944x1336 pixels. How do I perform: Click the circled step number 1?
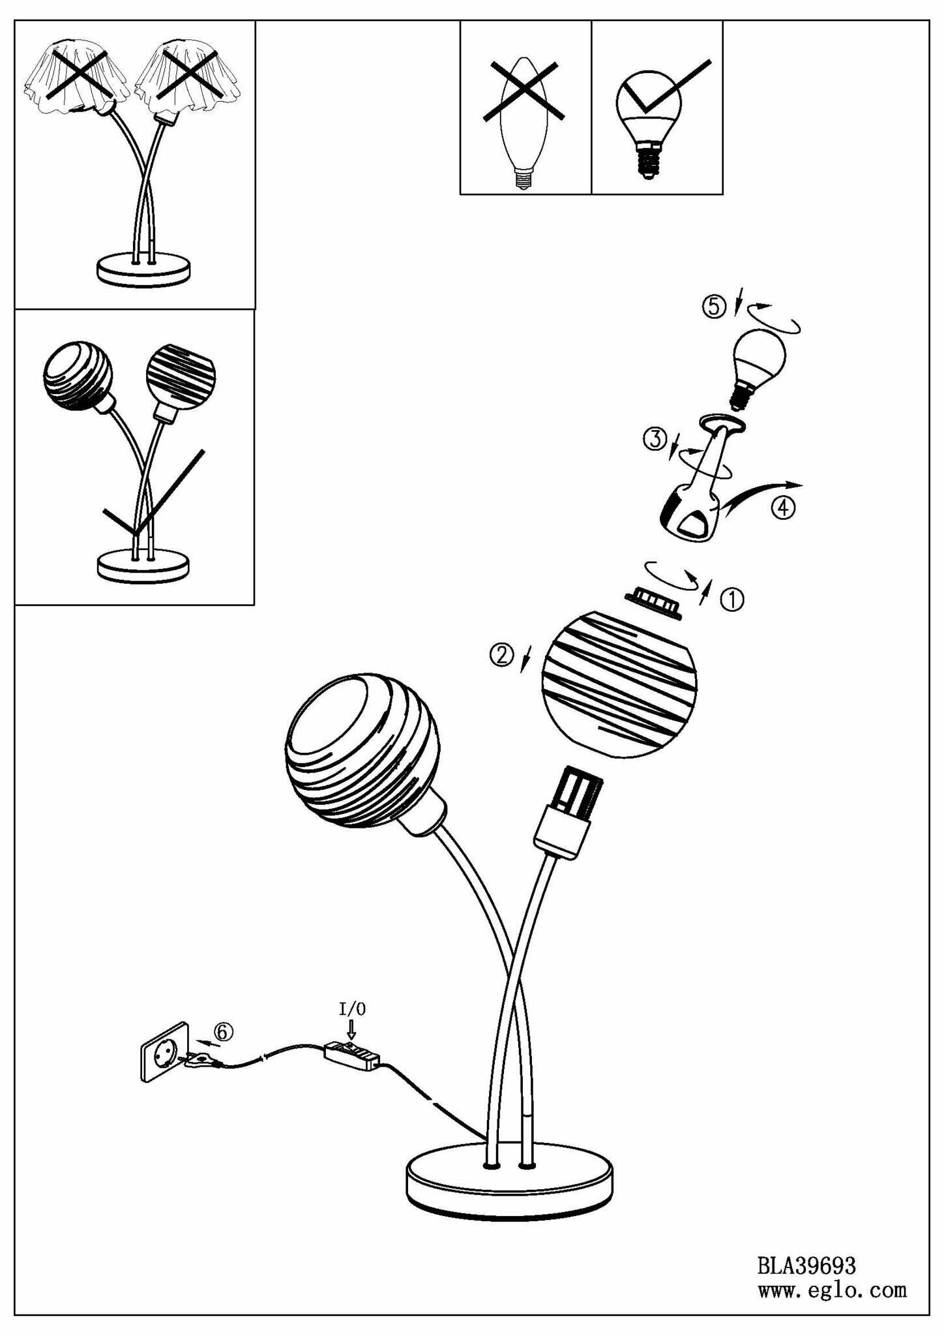[731, 600]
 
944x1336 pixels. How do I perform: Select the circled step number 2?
[501, 654]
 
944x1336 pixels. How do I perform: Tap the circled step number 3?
[655, 439]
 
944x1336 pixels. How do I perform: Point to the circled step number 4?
[783, 508]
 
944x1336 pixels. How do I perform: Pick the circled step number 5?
[714, 306]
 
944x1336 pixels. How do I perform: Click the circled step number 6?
[223, 1031]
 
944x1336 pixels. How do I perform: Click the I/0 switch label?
[352, 1009]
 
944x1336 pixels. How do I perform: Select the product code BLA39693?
[806, 1266]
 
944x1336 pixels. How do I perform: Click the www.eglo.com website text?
[832, 1290]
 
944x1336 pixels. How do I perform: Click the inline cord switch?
[353, 1055]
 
